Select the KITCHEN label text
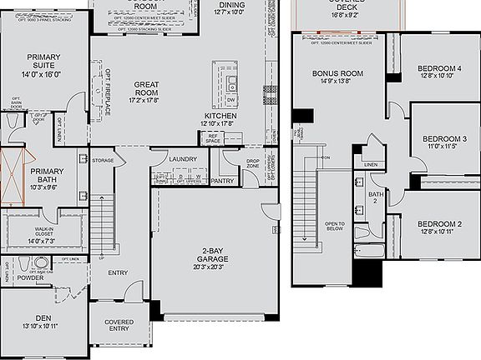[x=220, y=116]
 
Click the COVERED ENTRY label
[x=119, y=327]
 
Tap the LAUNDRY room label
[x=183, y=159]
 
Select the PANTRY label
[x=223, y=181]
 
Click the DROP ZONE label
[x=253, y=163]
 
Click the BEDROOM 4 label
[x=439, y=68]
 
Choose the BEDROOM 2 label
[x=439, y=224]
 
